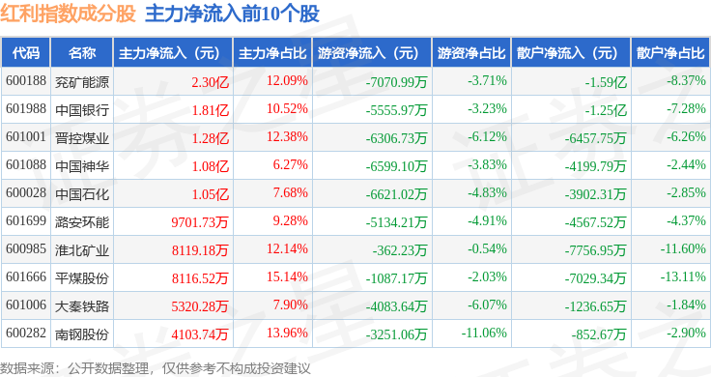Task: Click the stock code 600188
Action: point(26,81)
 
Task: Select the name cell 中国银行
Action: point(82,110)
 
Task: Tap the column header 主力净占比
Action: point(272,53)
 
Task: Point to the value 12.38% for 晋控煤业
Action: point(287,136)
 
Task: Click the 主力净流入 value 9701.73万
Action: point(200,221)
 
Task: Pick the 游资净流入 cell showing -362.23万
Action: point(400,250)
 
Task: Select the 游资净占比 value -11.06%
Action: point(484,333)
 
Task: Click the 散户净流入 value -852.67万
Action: point(599,334)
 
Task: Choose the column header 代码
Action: point(26,53)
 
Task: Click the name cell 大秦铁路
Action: point(82,306)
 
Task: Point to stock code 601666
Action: point(26,276)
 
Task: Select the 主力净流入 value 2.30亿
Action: point(210,82)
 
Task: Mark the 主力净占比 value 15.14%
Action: point(287,276)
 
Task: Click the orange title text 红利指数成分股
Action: point(68,14)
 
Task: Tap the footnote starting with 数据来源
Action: point(156,368)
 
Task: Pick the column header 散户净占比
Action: point(670,53)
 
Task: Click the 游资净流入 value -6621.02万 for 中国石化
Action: point(396,194)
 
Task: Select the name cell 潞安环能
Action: point(82,222)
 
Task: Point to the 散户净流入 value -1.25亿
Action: point(606,110)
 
